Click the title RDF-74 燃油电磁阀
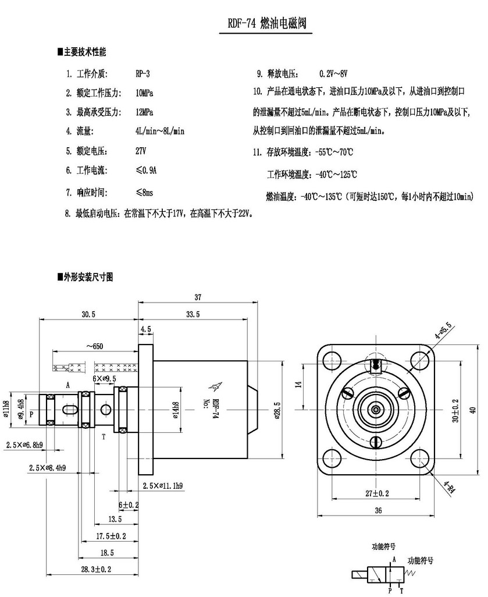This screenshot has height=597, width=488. (266, 24)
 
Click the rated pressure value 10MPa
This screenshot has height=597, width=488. (144, 93)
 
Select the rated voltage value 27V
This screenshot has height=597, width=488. (141, 151)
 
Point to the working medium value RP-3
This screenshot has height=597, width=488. (143, 73)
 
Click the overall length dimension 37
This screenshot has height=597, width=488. (198, 297)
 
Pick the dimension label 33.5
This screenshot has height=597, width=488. (193, 314)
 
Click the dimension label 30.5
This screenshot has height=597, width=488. (88, 314)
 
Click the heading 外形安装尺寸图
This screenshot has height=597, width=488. (86, 278)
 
